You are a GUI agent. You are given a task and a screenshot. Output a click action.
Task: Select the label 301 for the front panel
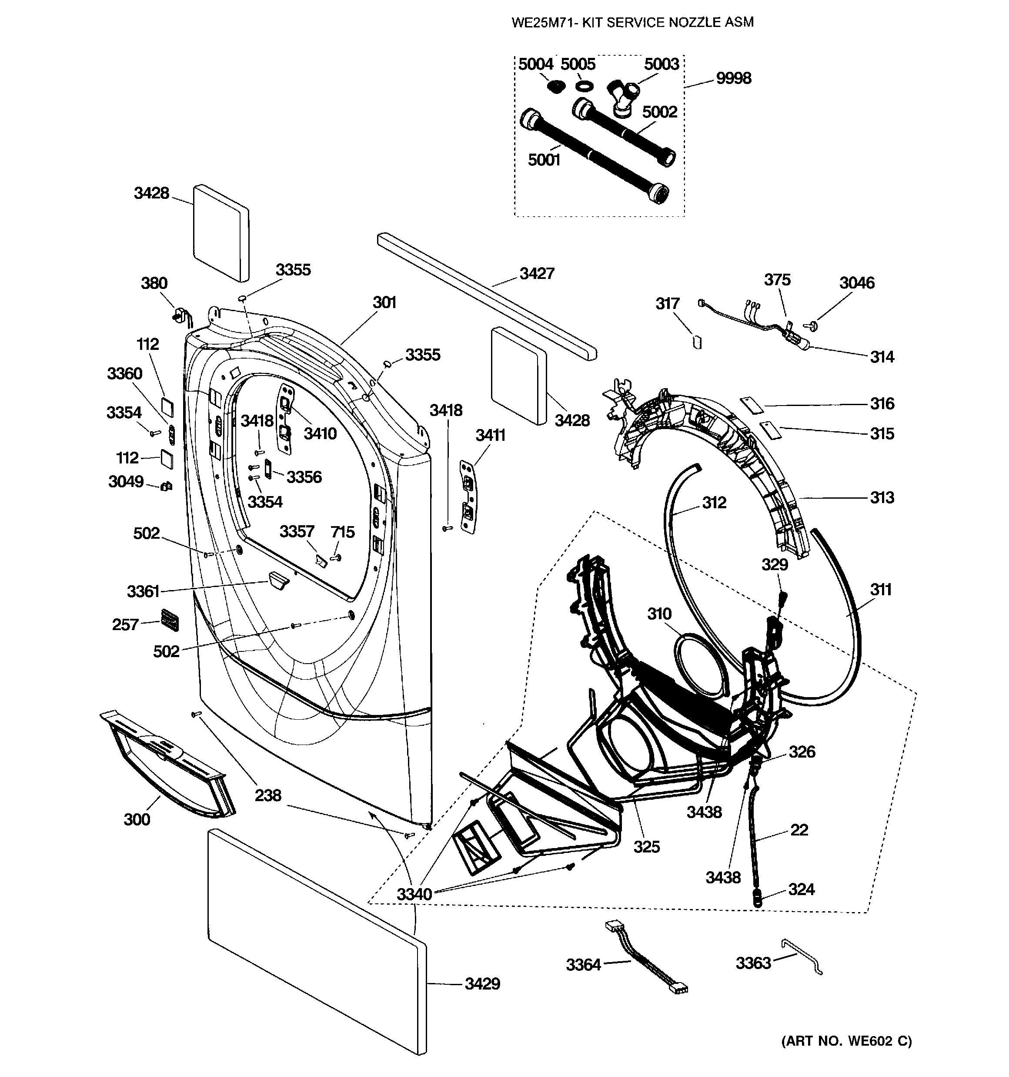384,302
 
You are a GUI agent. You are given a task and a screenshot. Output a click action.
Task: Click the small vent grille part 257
170,619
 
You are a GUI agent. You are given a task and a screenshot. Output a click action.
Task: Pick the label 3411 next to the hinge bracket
490,435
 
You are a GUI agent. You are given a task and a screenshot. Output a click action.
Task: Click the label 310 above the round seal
659,614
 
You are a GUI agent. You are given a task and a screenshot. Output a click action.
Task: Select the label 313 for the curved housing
882,497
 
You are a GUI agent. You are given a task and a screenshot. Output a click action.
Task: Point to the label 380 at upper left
154,283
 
